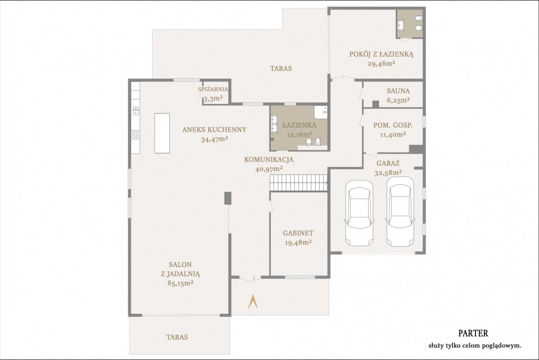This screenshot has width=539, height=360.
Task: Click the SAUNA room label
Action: pyautogui.click(x=398, y=91)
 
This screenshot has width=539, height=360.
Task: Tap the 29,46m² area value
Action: pyautogui.click(x=381, y=63)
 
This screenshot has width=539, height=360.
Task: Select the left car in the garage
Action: pyautogui.click(x=359, y=213)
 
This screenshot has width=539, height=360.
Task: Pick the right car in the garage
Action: pyautogui.click(x=400, y=212)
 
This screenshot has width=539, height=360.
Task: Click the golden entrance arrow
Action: pyautogui.click(x=252, y=302)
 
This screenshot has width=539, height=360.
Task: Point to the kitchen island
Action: pyautogui.click(x=162, y=133)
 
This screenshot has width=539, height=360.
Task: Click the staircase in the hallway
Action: pyautogui.click(x=299, y=183)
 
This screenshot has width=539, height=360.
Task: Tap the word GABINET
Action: pyautogui.click(x=298, y=233)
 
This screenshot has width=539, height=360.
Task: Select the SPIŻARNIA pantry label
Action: pyautogui.click(x=213, y=89)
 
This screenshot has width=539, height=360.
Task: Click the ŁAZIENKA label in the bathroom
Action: pyautogui.click(x=300, y=125)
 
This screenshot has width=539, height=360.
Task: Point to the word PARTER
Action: pyautogui.click(x=473, y=333)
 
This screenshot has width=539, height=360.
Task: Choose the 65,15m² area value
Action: pyautogui.click(x=181, y=283)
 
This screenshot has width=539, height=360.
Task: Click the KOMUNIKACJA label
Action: pyautogui.click(x=269, y=160)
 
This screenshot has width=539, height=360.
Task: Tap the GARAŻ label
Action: pyautogui.click(x=388, y=163)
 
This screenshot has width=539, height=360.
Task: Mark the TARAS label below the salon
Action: pyautogui.click(x=177, y=337)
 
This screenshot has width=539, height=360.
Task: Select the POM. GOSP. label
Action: pyautogui.click(x=393, y=125)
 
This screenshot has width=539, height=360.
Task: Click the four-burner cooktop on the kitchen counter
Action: pyautogui.click(x=136, y=134)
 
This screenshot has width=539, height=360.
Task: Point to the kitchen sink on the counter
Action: pyautogui.click(x=136, y=111)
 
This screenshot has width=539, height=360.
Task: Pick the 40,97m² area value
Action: pyautogui.click(x=269, y=169)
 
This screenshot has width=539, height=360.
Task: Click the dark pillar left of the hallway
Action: pyautogui.click(x=228, y=198)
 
